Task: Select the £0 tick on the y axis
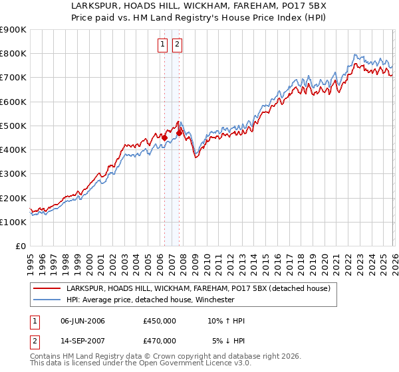point(20,246)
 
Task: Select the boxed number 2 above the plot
point(178,45)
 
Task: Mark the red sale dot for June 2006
point(164,138)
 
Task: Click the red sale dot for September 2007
point(179,134)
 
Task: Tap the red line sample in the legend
point(47,288)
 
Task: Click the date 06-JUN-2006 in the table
point(82,321)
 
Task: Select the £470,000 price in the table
point(160,341)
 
